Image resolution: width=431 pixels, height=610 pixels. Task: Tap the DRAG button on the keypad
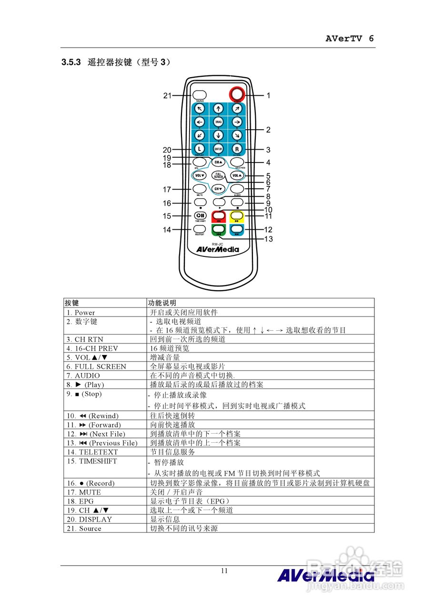tap(219, 122)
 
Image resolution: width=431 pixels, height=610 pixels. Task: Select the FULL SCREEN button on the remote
tap(218, 175)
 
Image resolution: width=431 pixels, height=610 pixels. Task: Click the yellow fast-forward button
tap(237, 216)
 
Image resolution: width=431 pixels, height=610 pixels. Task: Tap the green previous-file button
tap(219, 229)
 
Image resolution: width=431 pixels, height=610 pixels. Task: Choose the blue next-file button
tap(237, 229)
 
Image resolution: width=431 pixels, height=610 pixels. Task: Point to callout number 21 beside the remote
tap(167, 95)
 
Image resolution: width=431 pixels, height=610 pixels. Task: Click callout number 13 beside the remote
tap(269, 239)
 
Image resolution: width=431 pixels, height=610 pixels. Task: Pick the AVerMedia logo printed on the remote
tap(218, 249)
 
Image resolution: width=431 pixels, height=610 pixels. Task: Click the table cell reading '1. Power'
tap(81, 313)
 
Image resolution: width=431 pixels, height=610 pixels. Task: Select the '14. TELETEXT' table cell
tap(92, 452)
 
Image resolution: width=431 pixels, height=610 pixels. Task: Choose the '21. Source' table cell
tap(84, 529)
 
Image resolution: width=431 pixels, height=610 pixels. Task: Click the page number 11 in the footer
tap(224, 571)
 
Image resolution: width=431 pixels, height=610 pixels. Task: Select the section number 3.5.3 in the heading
tap(71, 62)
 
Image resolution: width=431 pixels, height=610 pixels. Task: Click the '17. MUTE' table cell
tap(84, 492)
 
